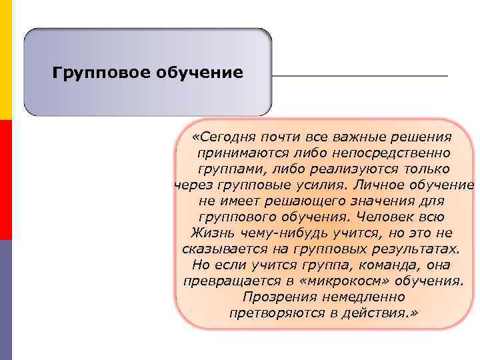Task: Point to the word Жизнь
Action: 209,233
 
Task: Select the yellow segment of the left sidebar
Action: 6,60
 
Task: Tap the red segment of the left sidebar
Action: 6,180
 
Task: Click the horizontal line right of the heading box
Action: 360,76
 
